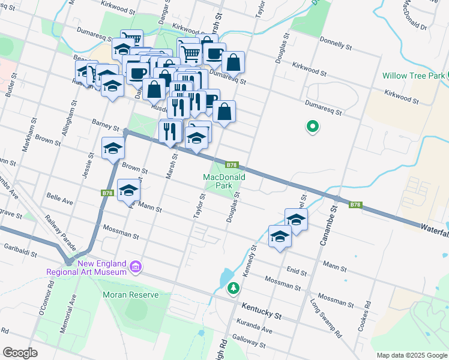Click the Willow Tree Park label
[413, 76]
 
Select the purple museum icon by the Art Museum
[136, 266]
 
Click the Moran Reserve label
[130, 295]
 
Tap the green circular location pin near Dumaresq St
[312, 127]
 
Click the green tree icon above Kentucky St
[233, 289]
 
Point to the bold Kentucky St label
[261, 310]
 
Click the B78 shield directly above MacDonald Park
[232, 165]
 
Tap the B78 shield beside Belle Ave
[107, 193]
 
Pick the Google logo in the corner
[19, 352]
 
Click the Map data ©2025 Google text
[411, 355]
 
